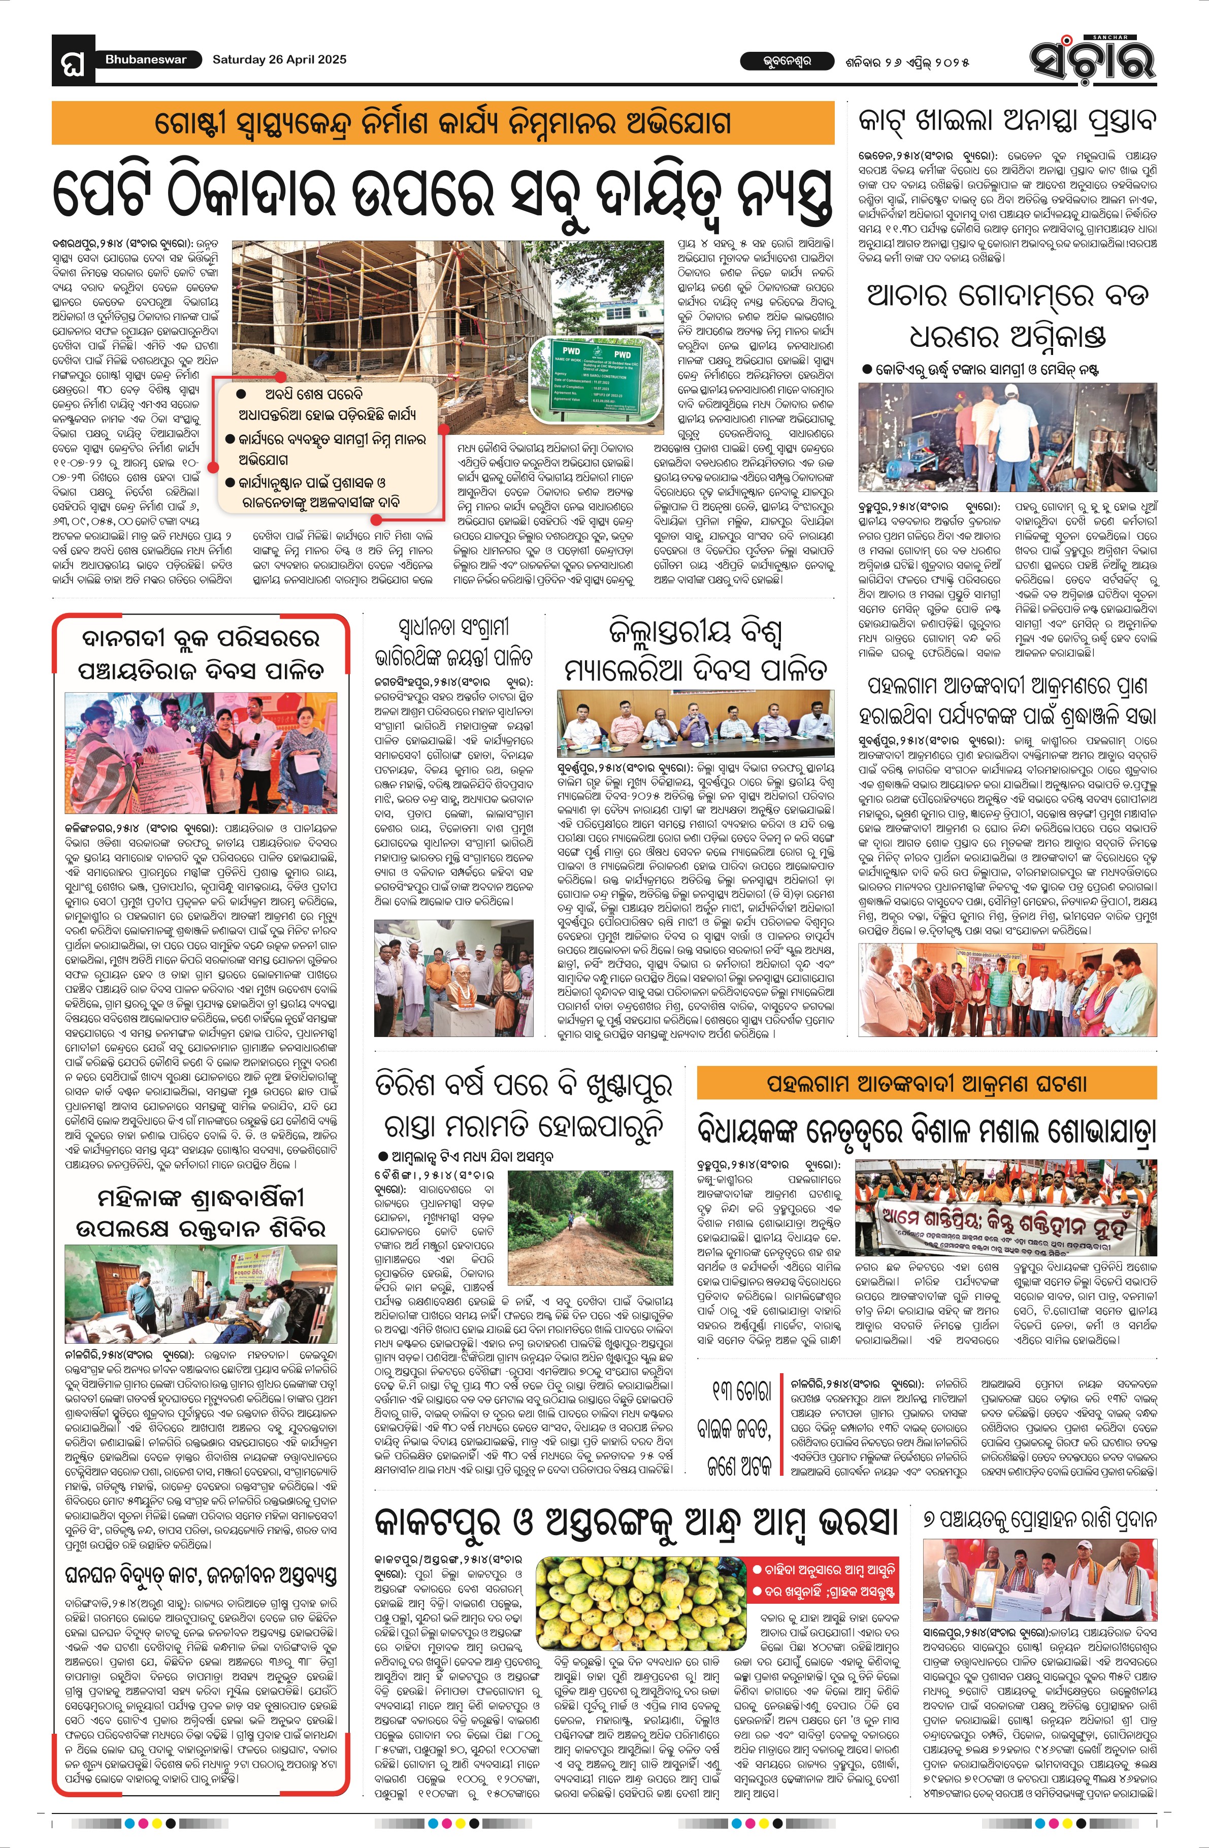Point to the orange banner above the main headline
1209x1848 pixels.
click(443, 123)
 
